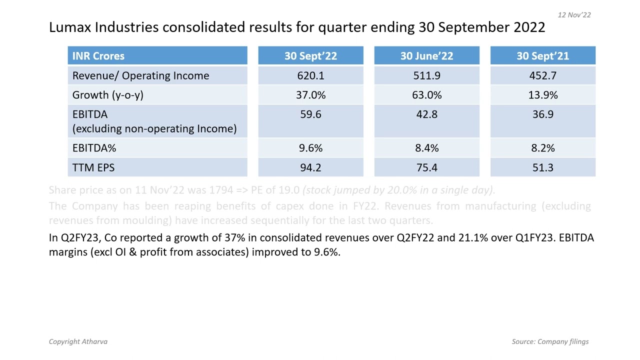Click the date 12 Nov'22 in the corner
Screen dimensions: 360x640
click(574, 15)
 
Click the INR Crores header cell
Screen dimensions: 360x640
click(98, 56)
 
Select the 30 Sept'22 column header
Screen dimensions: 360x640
click(310, 56)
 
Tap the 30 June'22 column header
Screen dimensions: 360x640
click(426, 56)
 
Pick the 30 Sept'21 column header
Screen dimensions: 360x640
click(542, 56)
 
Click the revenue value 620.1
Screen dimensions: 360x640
click(310, 75)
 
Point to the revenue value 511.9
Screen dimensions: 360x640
click(426, 75)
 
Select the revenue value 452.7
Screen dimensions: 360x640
click(542, 75)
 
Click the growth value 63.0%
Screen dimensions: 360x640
click(426, 95)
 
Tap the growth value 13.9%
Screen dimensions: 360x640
click(542, 95)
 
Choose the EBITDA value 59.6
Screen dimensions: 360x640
click(310, 114)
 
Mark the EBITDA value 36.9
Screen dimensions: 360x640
click(542, 114)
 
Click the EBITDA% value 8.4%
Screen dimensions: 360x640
click(426, 148)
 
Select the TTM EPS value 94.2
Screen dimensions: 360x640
click(310, 167)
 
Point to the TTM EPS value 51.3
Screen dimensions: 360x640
click(542, 167)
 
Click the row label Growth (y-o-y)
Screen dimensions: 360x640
click(107, 95)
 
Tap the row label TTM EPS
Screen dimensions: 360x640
click(93, 167)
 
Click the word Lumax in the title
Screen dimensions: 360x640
click(70, 27)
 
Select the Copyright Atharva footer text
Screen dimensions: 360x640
click(78, 341)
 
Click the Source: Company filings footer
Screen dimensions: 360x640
click(550, 341)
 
